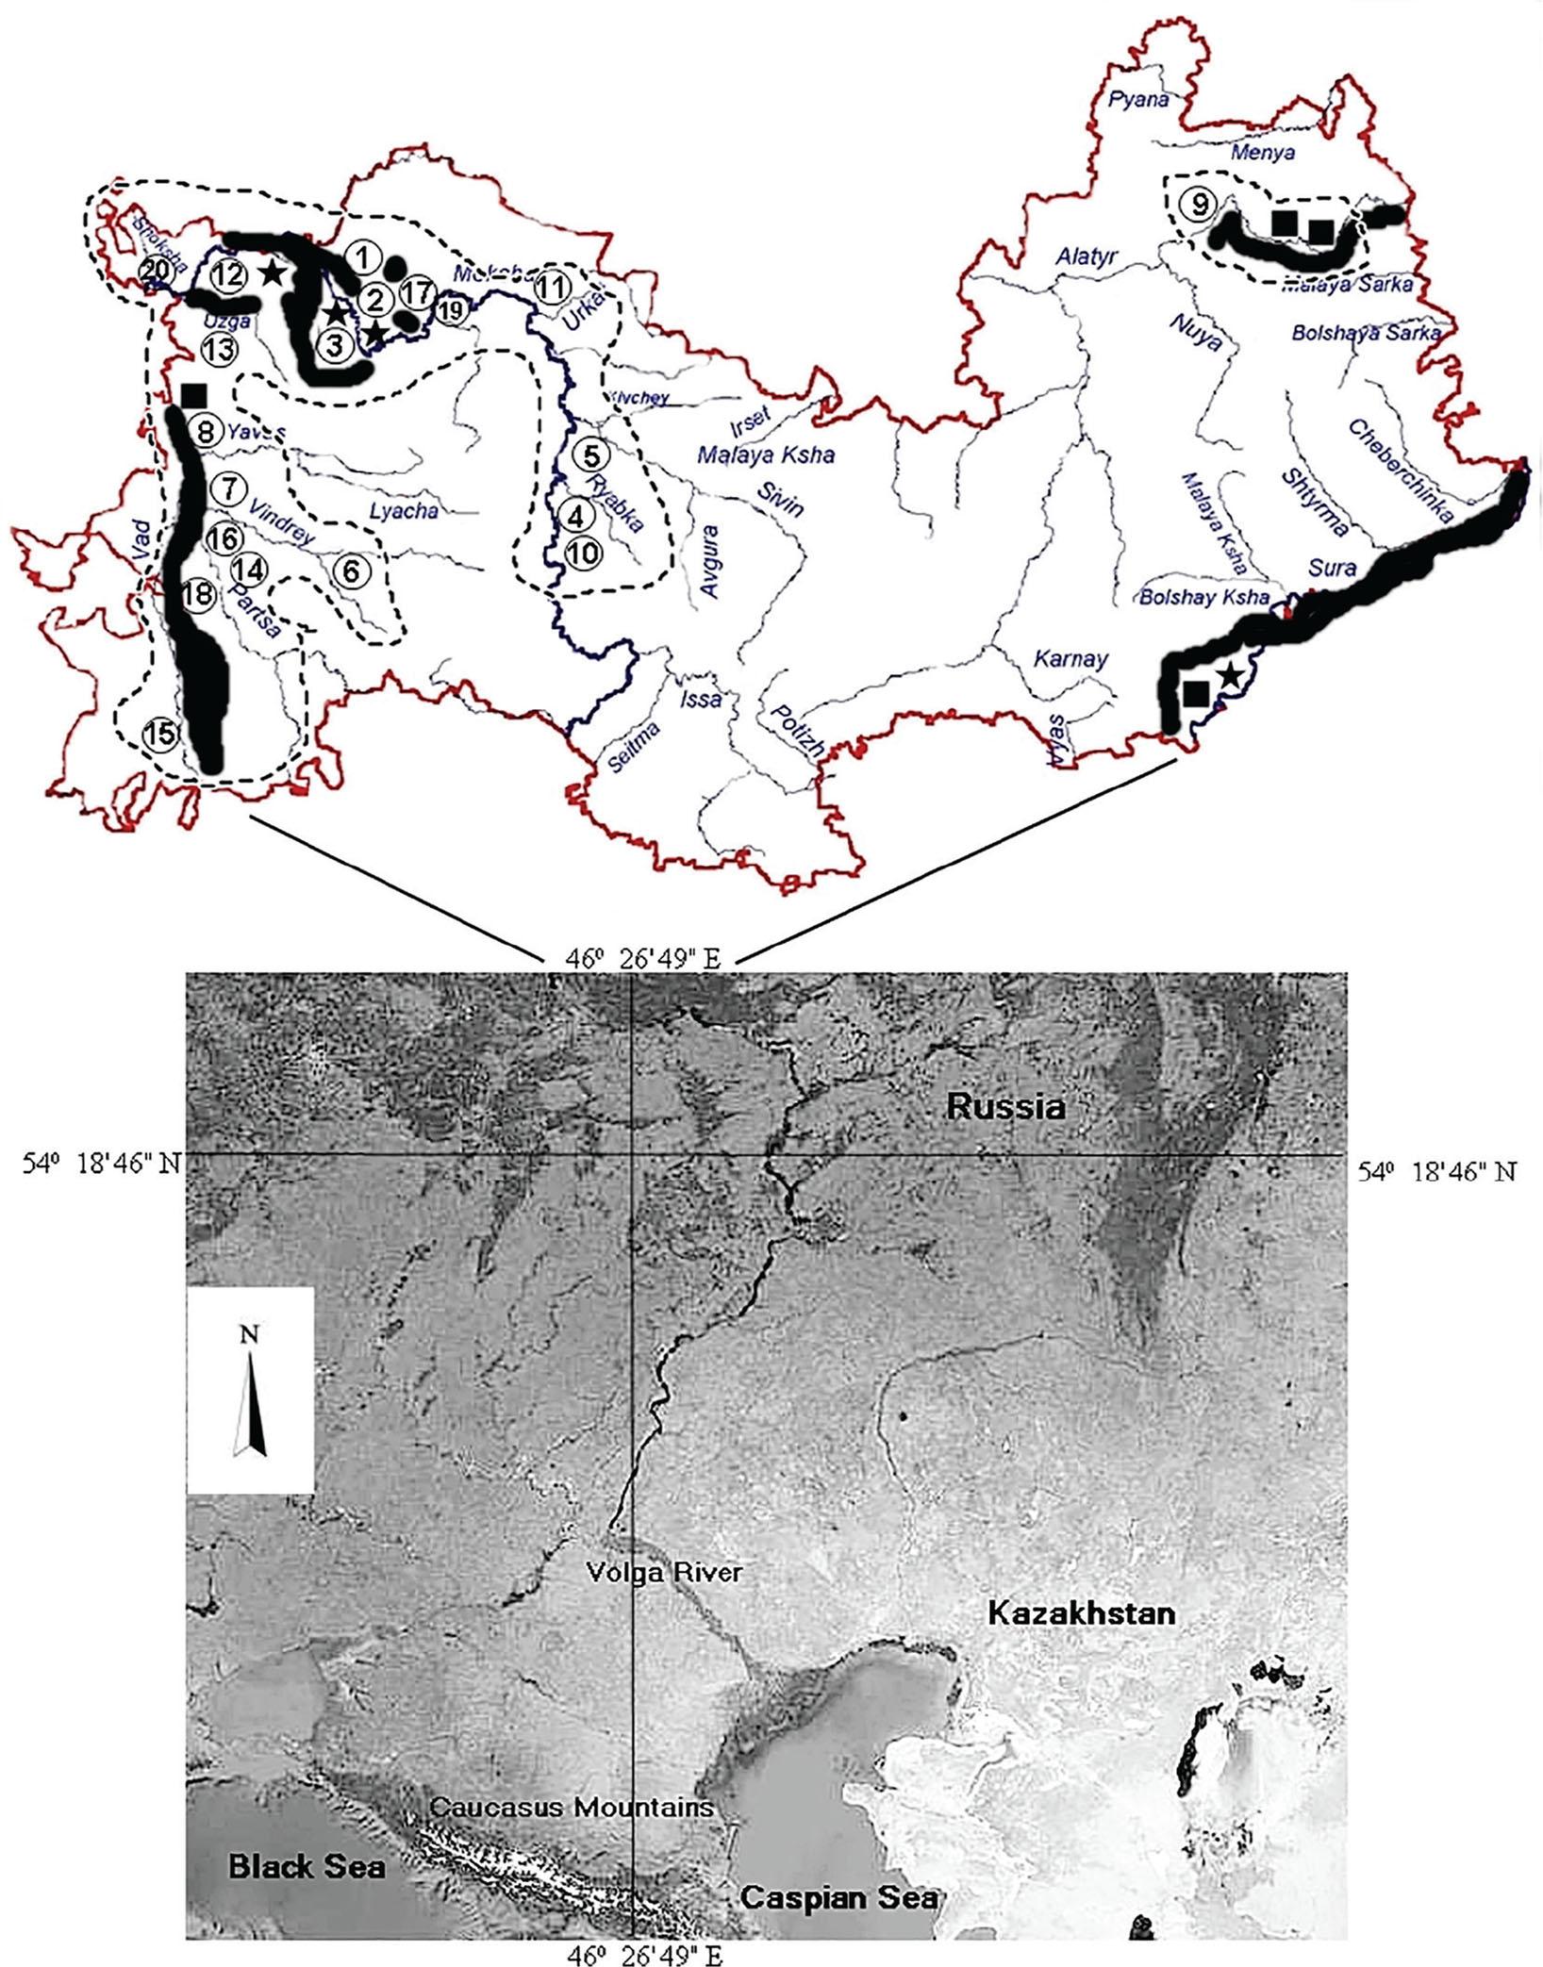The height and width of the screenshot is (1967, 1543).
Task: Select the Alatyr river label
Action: [1087, 255]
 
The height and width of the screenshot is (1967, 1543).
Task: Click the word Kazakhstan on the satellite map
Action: [1082, 1612]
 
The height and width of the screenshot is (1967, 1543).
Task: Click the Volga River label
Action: [664, 1572]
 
